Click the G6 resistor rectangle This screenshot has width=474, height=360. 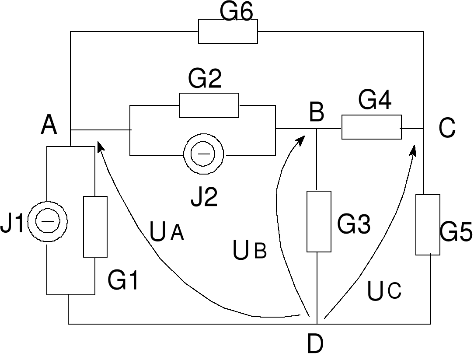[228, 31]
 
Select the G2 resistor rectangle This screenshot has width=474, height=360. [209, 105]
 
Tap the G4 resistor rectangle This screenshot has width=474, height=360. [371, 127]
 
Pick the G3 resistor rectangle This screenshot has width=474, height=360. [319, 221]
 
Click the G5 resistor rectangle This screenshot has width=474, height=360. [428, 224]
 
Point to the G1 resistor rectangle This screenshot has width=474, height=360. [95, 227]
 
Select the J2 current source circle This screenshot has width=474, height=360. [203, 154]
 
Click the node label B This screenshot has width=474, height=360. [316, 112]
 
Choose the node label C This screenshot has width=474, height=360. [447, 129]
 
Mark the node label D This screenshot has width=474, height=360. [315, 344]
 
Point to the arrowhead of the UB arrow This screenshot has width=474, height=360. [301, 140]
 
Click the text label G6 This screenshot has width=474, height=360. [236, 12]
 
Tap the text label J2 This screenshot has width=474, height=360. [204, 197]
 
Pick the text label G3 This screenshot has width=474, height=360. [354, 224]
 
